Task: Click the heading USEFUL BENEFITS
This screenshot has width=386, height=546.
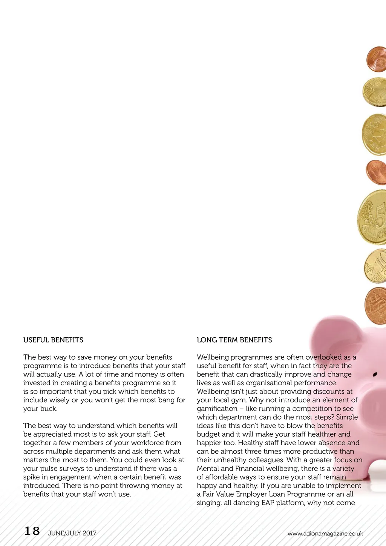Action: pos(53,340)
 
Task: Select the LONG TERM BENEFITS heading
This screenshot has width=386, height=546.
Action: pos(234,340)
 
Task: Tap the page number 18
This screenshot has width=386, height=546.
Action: pos(32,531)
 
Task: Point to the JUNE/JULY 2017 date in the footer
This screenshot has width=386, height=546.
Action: pos(72,533)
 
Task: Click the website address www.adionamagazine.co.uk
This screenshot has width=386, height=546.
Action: pos(325,534)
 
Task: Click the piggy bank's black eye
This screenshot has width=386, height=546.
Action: pos(375,375)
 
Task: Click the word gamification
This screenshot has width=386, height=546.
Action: pos(217,409)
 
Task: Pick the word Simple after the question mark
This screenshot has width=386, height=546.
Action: pos(347,417)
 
